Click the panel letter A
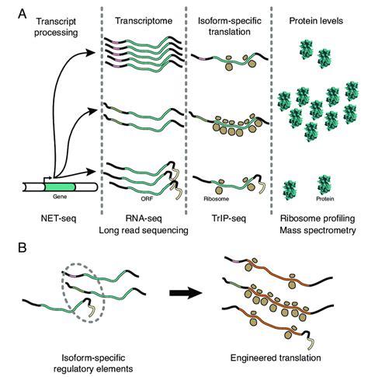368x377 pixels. [x=23, y=14]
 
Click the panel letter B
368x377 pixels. [x=22, y=248]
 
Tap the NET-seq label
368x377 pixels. [x=59, y=218]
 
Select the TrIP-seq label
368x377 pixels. [x=228, y=218]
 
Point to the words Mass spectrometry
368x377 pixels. [x=318, y=230]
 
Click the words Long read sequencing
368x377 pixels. [x=144, y=230]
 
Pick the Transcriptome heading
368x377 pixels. [x=144, y=21]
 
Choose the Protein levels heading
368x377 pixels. [x=316, y=21]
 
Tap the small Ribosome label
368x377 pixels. [x=217, y=199]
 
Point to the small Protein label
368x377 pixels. [x=325, y=199]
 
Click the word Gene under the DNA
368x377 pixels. [x=60, y=197]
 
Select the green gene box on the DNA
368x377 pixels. [x=60, y=187]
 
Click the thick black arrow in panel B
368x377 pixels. [x=186, y=293]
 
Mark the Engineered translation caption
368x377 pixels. [x=276, y=358]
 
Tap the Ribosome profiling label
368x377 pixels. [x=318, y=218]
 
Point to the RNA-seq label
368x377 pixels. [x=144, y=218]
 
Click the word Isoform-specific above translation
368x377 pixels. [x=230, y=21]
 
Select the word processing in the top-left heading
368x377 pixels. [x=56, y=33]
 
